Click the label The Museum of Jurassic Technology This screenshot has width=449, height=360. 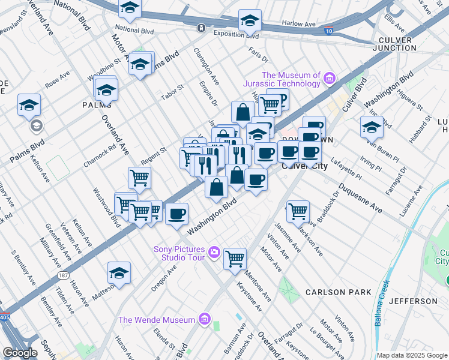tap(282, 79)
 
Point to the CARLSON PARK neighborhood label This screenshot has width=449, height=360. tap(334, 292)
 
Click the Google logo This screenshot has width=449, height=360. tap(20, 353)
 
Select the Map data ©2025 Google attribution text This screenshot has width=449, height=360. tap(412, 355)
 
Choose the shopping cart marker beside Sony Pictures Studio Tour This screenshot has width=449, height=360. tap(235, 258)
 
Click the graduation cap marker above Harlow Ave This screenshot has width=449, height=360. tap(250, 20)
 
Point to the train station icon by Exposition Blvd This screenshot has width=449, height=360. tap(201, 28)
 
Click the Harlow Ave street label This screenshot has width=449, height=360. tap(300, 25)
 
